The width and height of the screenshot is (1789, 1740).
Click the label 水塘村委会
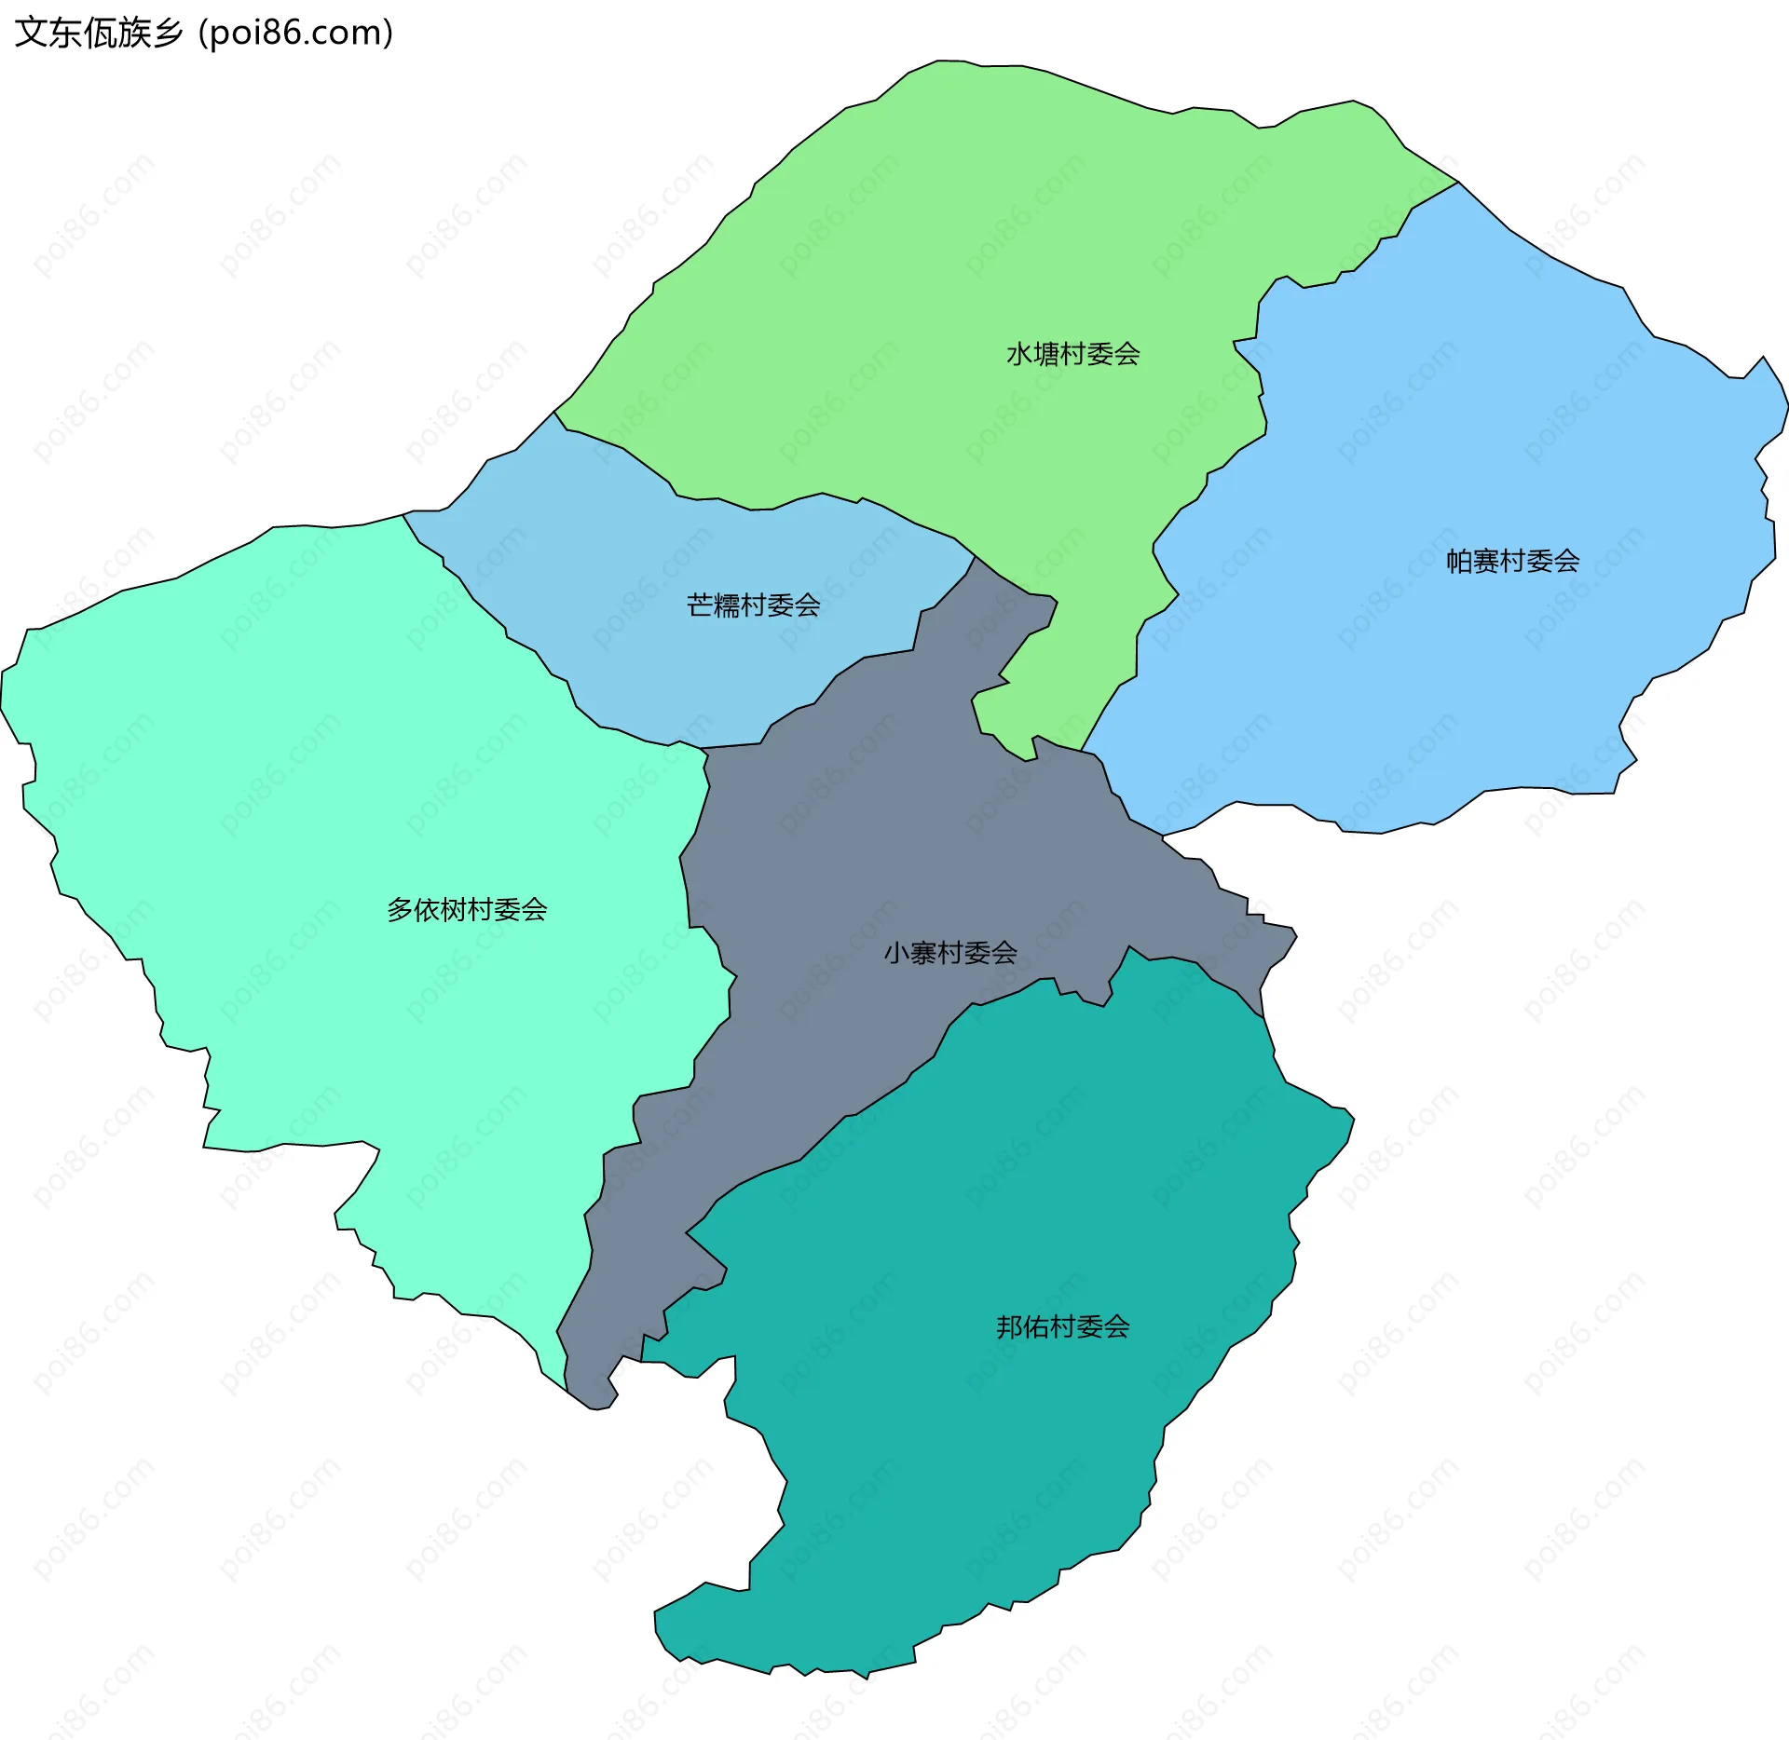point(1072,354)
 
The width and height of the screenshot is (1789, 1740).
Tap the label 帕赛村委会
point(1512,561)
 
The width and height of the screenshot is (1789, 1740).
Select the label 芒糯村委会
point(753,605)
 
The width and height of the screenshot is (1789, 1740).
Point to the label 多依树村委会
point(467,909)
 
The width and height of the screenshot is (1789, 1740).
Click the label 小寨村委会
point(949,953)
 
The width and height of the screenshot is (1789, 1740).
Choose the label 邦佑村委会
point(1062,1326)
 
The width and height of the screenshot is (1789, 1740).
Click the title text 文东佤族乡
point(99,33)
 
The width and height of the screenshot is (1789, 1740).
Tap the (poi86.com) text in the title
point(296,33)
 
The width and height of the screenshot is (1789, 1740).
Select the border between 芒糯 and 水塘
point(773,506)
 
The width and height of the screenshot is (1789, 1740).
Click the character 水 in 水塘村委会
point(1018,354)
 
